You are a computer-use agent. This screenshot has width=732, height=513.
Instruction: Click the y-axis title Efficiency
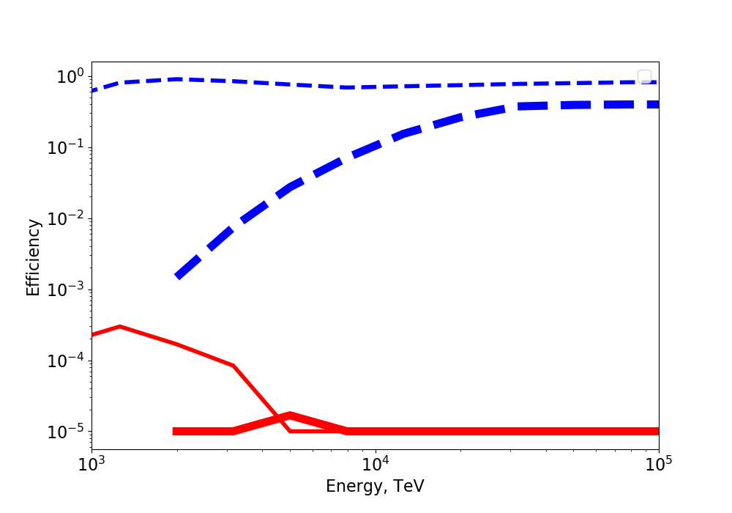[x=33, y=256]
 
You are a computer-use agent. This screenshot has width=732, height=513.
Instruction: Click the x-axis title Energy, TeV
[x=375, y=486]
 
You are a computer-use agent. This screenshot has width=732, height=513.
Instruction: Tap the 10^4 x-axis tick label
[x=375, y=465]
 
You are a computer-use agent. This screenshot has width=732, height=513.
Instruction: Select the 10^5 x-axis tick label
[x=658, y=465]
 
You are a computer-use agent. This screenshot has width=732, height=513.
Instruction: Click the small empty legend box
[x=644, y=77]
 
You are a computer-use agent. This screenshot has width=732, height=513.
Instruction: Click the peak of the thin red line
[x=119, y=326]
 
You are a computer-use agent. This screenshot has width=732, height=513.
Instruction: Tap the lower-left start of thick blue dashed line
[x=178, y=276]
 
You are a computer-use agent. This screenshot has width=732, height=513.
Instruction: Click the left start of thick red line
[x=175, y=431]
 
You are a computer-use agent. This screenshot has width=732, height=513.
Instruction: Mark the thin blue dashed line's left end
[x=93, y=91]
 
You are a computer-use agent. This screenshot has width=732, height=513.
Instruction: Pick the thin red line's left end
[x=93, y=335]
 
